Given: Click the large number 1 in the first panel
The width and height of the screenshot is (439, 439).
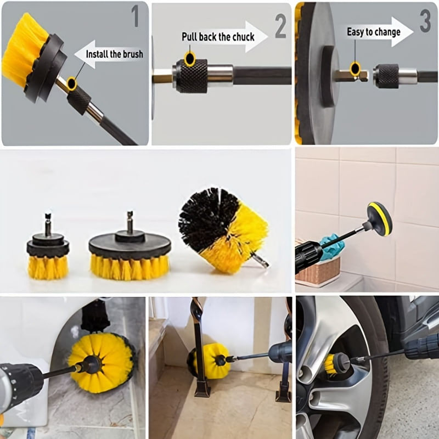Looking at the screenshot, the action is point(135,16).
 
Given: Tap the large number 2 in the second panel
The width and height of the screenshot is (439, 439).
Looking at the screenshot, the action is point(280,26).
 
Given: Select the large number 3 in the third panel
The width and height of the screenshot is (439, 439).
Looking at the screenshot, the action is point(425,21).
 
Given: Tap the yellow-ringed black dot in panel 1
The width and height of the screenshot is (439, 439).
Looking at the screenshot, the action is point(72,83).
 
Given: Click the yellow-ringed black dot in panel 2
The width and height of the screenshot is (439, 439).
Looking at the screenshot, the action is point(190,59).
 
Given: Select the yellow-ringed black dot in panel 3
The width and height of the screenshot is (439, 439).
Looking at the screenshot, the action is point(355,69).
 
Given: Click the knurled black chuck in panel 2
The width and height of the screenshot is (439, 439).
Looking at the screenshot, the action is point(190,76).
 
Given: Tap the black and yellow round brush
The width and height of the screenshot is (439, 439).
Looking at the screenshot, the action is point(223,229).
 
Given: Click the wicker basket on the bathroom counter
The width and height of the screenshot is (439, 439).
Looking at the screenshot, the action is point(318,271).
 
